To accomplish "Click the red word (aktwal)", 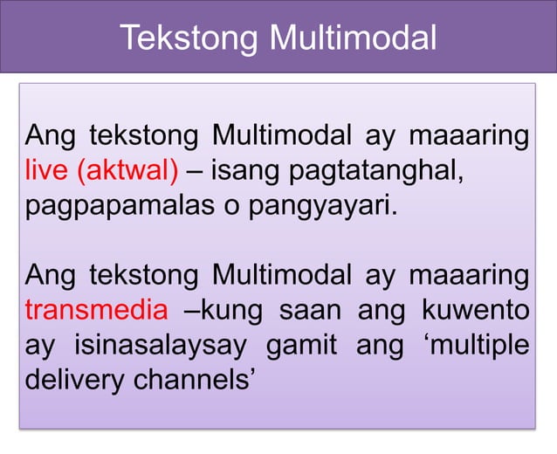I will click(129, 169).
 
